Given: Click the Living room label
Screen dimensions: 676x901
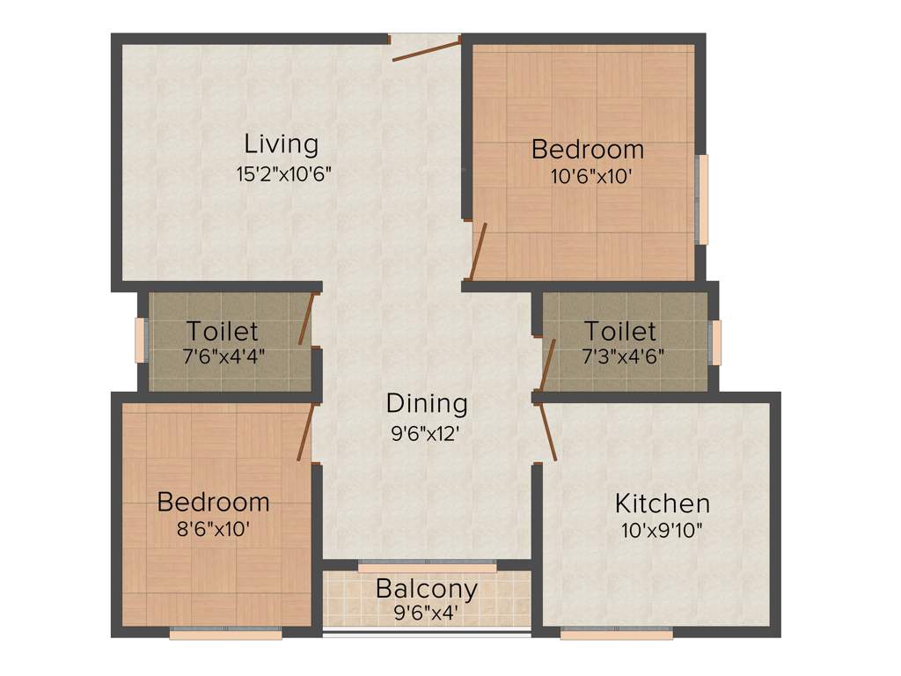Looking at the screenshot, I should click(282, 143).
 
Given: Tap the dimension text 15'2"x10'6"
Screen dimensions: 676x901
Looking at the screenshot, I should click(282, 173).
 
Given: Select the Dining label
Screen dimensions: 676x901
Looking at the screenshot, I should click(427, 404).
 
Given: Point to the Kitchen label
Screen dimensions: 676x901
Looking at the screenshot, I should click(662, 504).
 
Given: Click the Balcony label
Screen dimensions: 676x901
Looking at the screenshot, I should click(427, 588).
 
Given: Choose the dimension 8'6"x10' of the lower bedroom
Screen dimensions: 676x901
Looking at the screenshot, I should click(213, 531).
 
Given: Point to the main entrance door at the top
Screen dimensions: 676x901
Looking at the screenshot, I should click(426, 49).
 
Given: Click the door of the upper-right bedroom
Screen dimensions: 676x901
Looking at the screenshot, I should click(480, 251).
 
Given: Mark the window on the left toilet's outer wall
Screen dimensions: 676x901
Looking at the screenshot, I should click(140, 339).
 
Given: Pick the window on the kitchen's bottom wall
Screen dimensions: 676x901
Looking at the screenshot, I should click(616, 632).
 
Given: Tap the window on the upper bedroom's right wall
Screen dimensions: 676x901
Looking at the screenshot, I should click(701, 199).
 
